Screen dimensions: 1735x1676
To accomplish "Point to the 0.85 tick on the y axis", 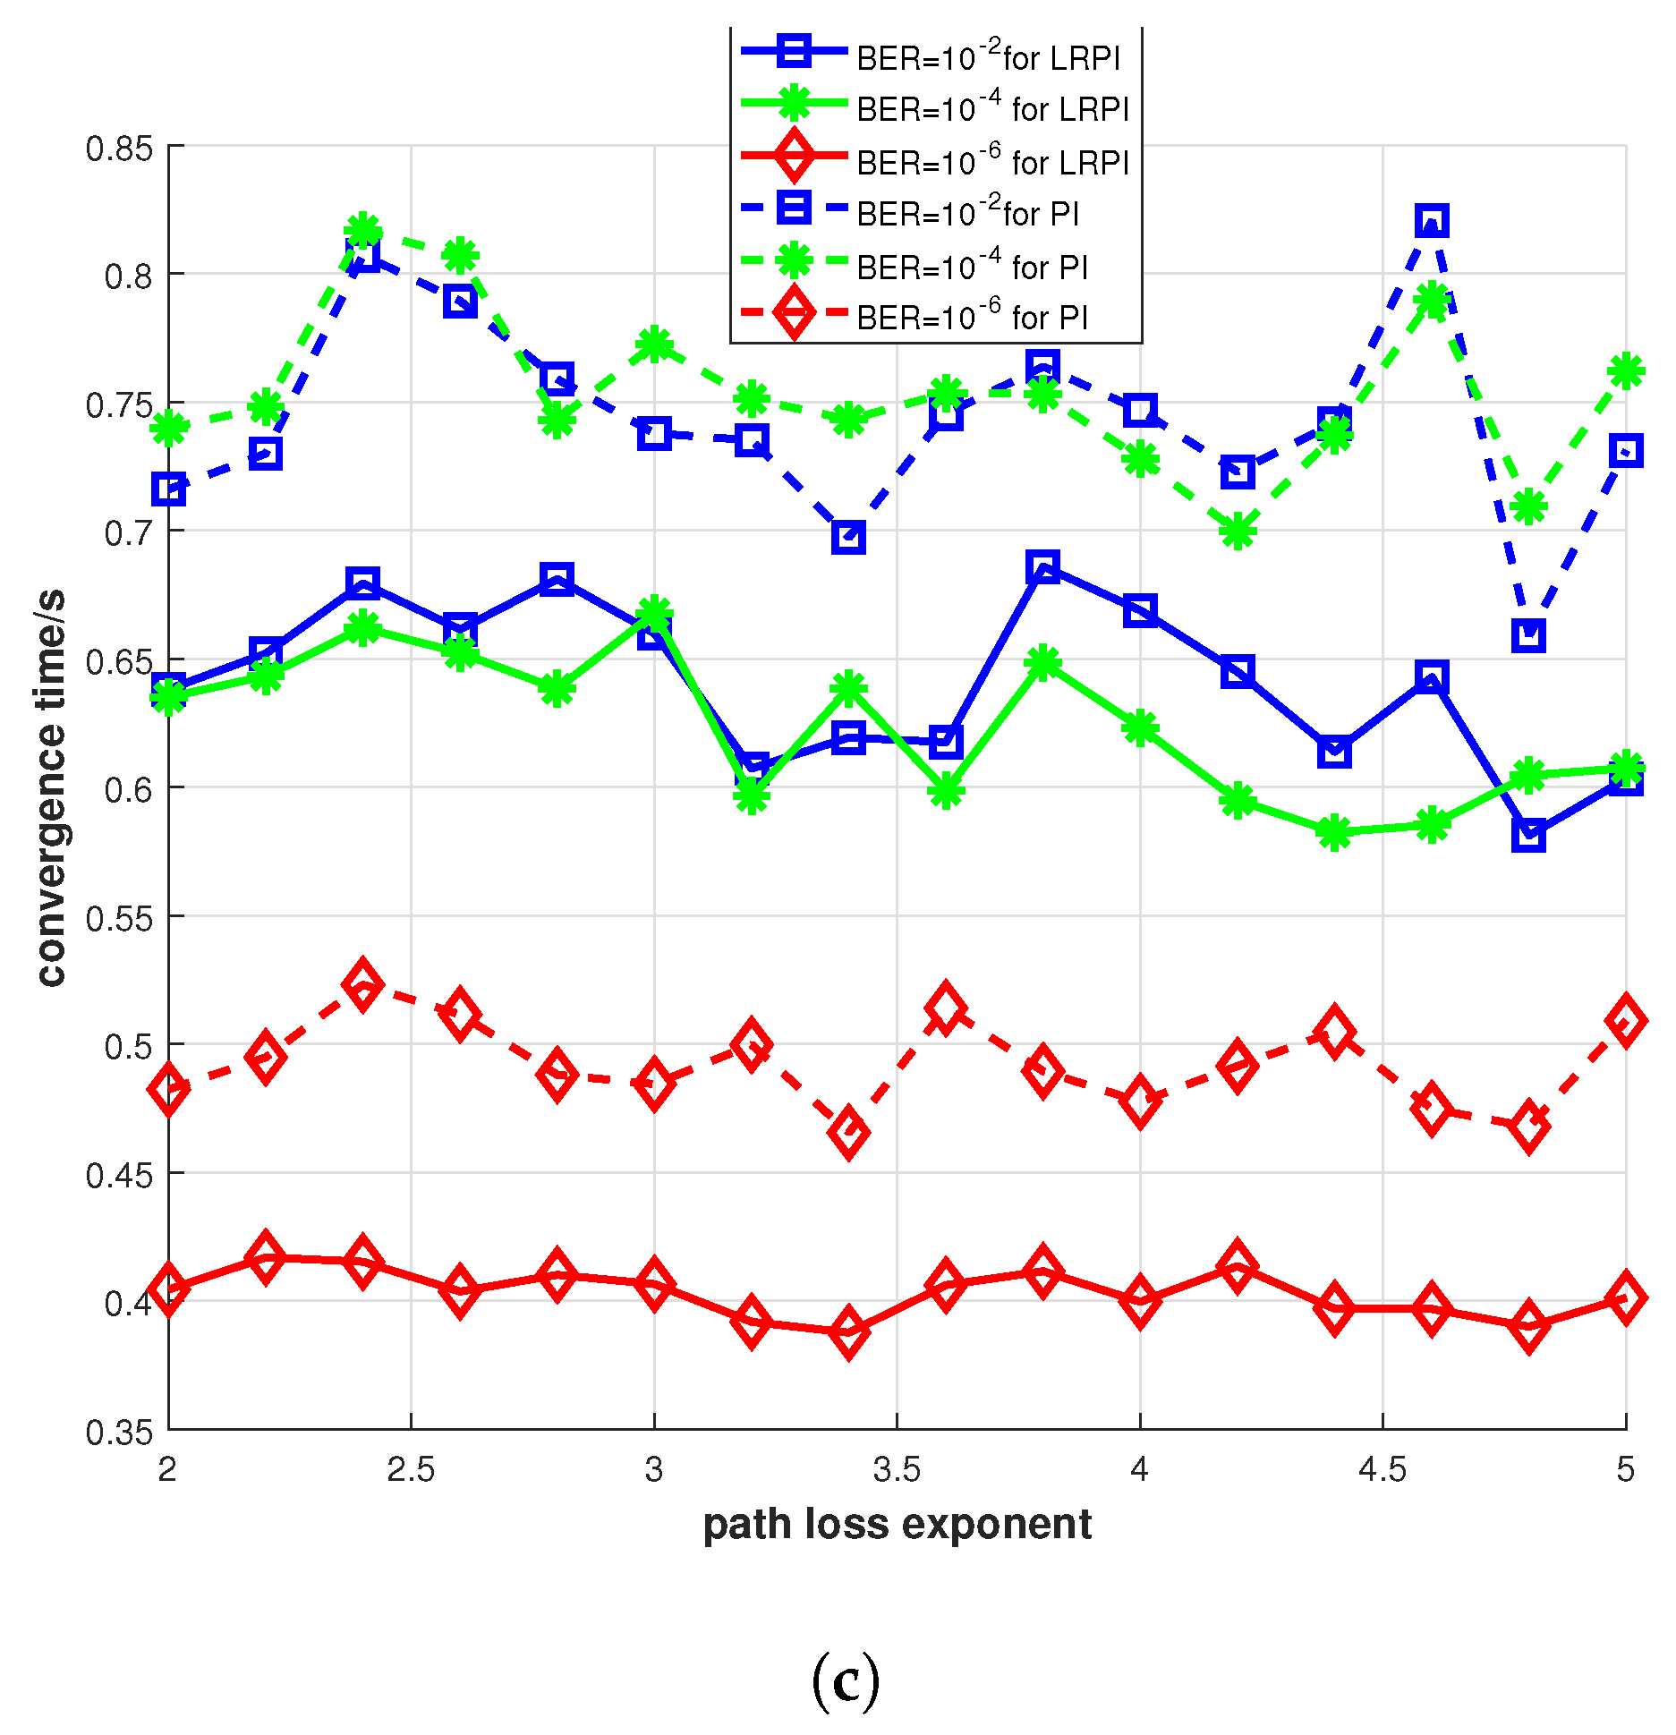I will click(x=120, y=149).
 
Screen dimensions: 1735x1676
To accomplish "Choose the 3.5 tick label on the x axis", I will click(x=897, y=1469).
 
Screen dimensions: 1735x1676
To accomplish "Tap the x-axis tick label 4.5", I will click(x=1382, y=1469).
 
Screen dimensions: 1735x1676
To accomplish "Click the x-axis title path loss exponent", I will click(x=897, y=1525).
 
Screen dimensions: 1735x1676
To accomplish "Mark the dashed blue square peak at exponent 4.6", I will click(x=1432, y=220).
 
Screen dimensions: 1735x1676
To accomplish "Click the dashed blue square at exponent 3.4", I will click(x=848, y=537).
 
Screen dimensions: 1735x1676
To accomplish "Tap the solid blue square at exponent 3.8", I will click(x=1042, y=567).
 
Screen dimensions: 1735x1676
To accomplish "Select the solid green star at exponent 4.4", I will click(x=1334, y=832).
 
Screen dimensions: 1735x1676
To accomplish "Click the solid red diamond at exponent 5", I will click(x=1625, y=1297).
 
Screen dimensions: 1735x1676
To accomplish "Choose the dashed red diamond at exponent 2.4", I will click(x=362, y=983).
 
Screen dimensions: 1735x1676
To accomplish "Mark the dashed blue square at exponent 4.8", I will click(x=1528, y=635).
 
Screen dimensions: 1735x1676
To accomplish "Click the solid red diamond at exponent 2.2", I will click(x=265, y=1257).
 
